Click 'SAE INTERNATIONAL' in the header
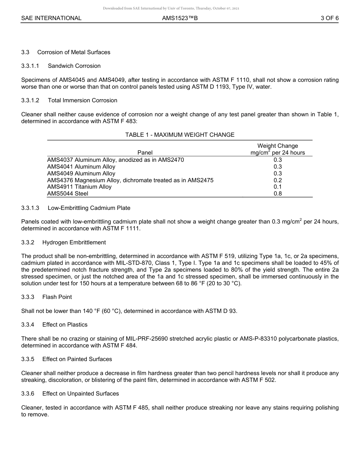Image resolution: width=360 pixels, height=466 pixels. point(51,18)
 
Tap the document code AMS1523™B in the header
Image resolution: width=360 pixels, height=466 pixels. point(180,18)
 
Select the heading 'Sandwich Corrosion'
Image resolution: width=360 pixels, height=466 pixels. point(74,66)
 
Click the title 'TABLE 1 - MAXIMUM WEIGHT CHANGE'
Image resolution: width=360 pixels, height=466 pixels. point(180,135)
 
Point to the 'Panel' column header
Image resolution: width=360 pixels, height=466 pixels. point(145,153)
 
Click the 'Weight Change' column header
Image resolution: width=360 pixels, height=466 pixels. point(277,146)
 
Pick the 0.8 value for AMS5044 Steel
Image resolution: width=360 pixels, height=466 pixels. point(277,194)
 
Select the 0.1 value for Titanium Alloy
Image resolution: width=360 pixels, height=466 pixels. point(277,187)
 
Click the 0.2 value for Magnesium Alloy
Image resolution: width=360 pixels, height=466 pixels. point(277,180)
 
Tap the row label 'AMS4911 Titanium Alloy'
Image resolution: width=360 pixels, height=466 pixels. point(79,187)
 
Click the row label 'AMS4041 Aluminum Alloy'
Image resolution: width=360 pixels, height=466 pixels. point(81,167)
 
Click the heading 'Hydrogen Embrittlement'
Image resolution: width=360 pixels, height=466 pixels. point(74,242)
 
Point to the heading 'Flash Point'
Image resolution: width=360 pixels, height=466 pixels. point(57,297)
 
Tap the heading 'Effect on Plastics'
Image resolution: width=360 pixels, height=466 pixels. point(65,325)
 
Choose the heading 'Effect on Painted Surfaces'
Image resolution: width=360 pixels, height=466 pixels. point(77,359)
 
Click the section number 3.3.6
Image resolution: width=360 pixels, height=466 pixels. point(28,394)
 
